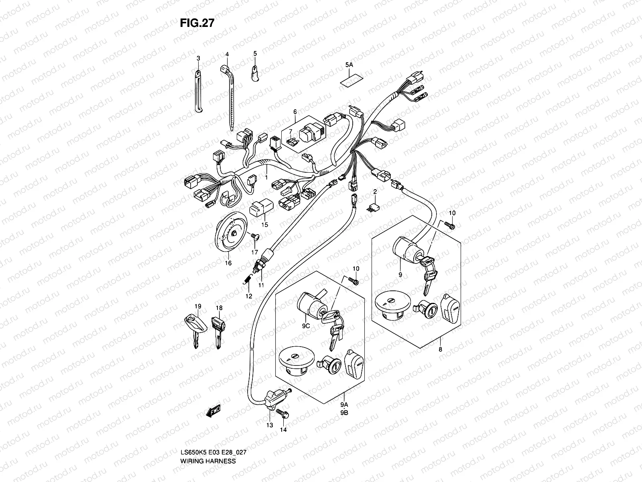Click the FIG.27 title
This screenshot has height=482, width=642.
point(197,23)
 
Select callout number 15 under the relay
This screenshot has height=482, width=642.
point(265,225)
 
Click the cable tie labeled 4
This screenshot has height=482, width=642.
point(230,96)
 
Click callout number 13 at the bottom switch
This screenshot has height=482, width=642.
point(269,425)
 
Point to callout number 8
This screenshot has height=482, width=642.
point(440,350)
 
